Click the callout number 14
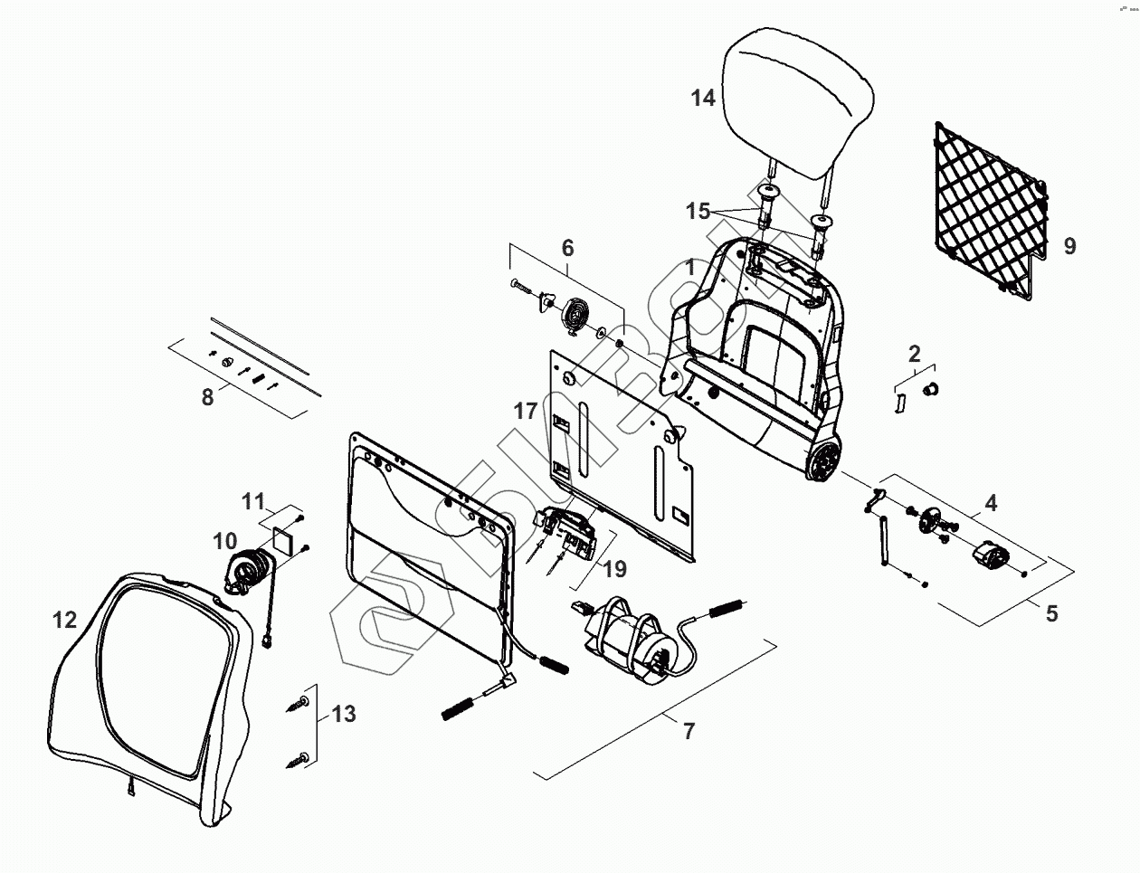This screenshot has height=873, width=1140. (x=703, y=98)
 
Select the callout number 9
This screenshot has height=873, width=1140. (x=1069, y=245)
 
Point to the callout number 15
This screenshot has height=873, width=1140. (x=698, y=212)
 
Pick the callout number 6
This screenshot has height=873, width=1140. (x=567, y=247)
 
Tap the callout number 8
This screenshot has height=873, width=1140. (x=208, y=396)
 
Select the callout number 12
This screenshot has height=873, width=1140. (x=64, y=620)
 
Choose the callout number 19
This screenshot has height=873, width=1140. (x=614, y=570)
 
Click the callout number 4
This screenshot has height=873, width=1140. (x=992, y=503)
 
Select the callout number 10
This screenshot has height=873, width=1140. (x=224, y=541)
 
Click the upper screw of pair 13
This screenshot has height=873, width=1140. (x=299, y=703)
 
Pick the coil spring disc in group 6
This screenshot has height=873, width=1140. (x=575, y=315)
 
